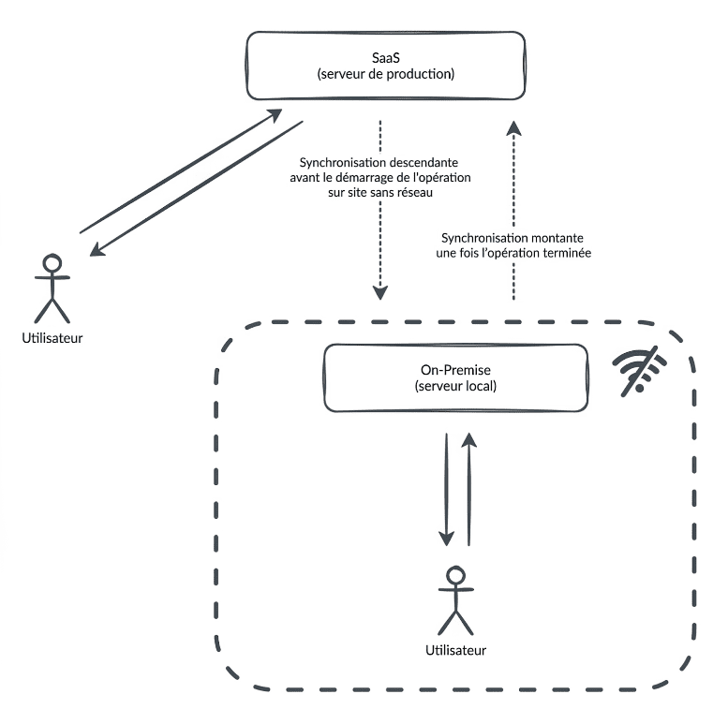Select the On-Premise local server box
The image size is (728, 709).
455,377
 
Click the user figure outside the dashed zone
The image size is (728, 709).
52,287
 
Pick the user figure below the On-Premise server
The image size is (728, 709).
455,599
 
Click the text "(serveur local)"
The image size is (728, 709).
455,385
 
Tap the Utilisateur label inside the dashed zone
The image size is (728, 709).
456,649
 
